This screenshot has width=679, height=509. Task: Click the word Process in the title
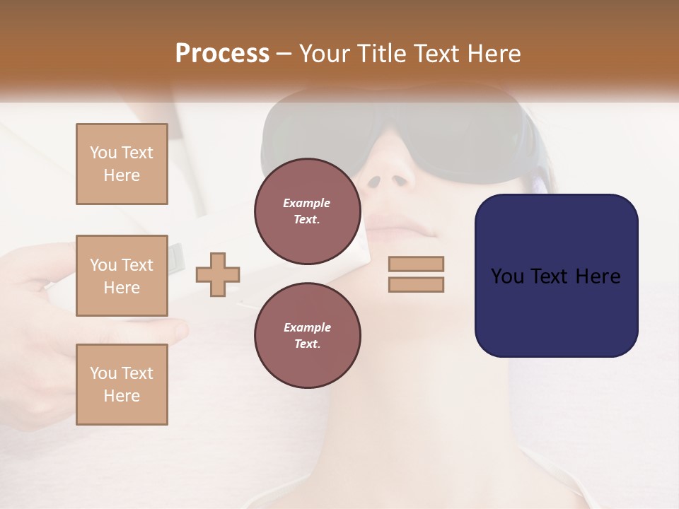pos(222,54)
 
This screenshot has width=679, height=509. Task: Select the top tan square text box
pos(122,164)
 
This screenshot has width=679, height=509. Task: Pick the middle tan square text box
pos(122,276)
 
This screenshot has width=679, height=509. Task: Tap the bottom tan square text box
pos(122,384)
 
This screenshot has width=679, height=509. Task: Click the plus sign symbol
pos(218,274)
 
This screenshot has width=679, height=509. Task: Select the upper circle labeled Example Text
pos(307,211)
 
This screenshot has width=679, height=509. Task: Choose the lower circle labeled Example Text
pos(307,336)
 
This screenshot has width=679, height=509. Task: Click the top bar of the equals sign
pos(416,264)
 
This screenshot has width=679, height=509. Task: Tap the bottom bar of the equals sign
pos(416,284)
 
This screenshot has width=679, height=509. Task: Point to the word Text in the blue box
pos(555,276)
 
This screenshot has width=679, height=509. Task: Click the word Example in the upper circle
pos(307,203)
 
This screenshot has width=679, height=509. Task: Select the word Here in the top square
pos(122,175)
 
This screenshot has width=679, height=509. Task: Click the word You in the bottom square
pos(103,373)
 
